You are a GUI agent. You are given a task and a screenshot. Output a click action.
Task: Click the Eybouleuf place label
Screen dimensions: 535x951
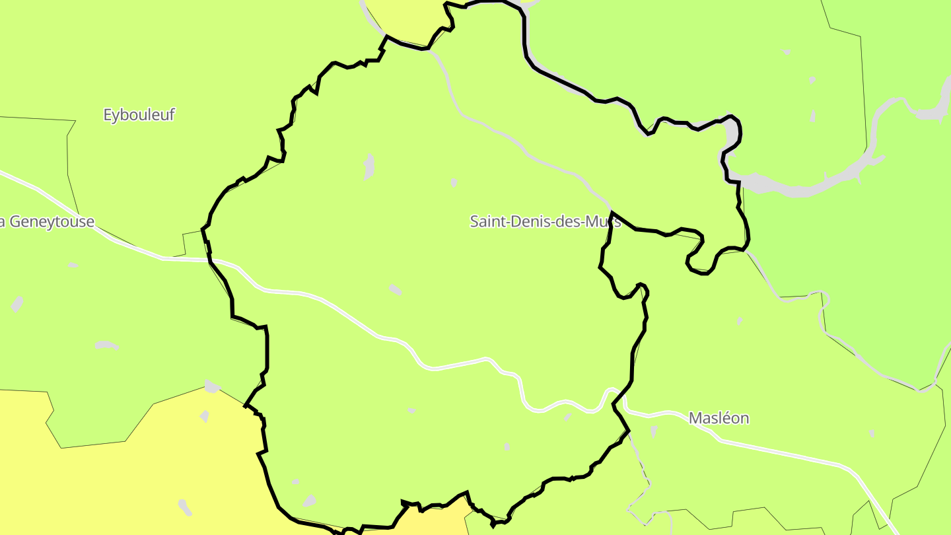coord(139,115)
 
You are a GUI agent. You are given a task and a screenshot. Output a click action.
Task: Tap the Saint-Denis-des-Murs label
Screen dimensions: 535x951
coord(545,221)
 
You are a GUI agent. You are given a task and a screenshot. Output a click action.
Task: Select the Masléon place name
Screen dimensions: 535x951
coord(719,418)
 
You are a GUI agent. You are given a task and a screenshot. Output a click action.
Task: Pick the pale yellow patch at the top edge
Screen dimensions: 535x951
coord(404,13)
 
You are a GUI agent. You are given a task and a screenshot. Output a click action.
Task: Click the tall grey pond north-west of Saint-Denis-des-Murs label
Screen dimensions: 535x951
coord(369,166)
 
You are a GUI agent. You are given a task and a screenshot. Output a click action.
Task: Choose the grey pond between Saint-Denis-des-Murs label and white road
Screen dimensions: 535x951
coord(395,289)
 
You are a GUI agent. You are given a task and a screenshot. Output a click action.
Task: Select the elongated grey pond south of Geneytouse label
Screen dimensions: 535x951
coord(106,345)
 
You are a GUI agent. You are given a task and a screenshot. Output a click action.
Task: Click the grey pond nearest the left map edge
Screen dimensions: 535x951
coord(17,304)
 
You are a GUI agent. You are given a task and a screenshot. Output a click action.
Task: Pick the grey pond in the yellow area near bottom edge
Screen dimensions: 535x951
coord(184,507)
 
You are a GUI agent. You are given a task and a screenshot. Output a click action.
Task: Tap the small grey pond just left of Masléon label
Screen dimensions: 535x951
coord(653,432)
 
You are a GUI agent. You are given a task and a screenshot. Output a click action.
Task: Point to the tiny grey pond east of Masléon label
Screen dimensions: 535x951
coord(872,433)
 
